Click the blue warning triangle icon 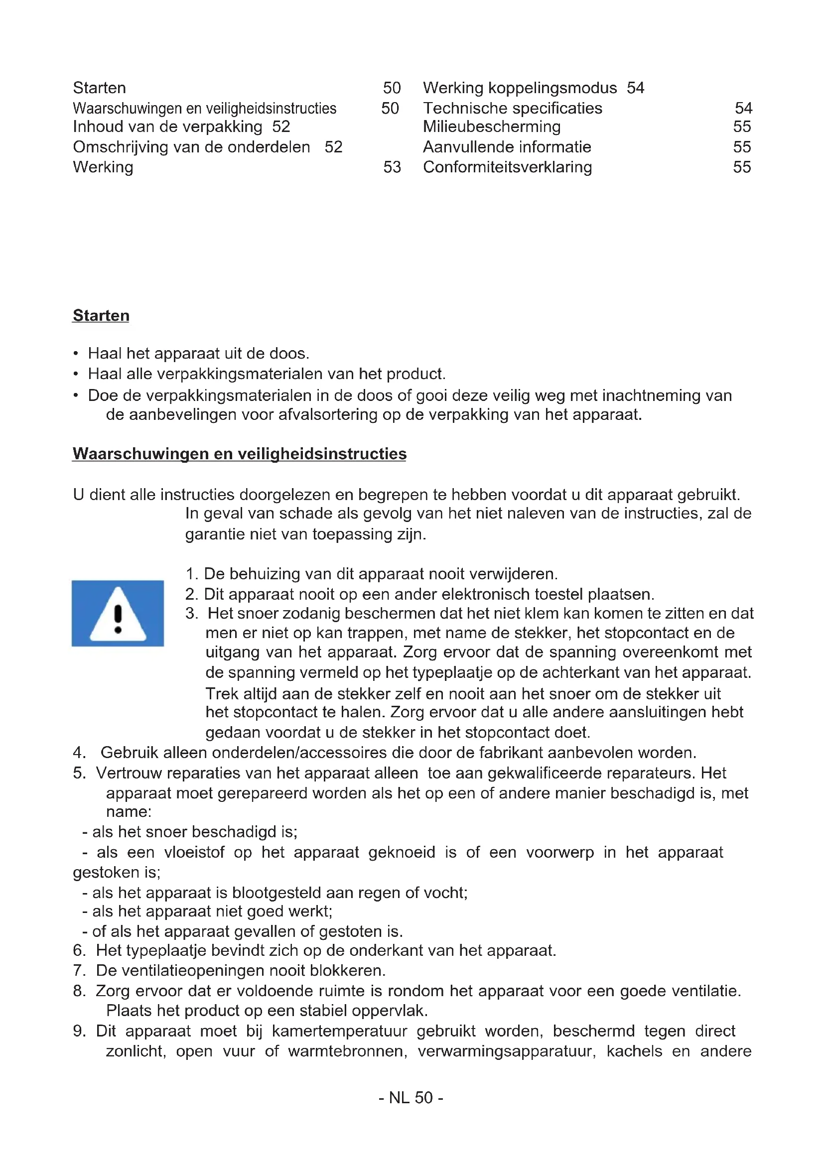(118, 613)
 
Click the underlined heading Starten (101, 316)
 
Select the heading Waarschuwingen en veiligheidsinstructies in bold (240, 454)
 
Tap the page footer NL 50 (411, 1098)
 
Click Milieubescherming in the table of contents (492, 127)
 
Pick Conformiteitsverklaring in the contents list (507, 167)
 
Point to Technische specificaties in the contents (513, 109)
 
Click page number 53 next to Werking (392, 167)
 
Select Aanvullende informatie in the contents (507, 147)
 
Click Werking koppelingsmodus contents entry (520, 88)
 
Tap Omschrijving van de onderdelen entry (191, 147)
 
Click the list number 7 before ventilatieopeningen (79, 970)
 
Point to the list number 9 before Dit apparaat (79, 1031)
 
